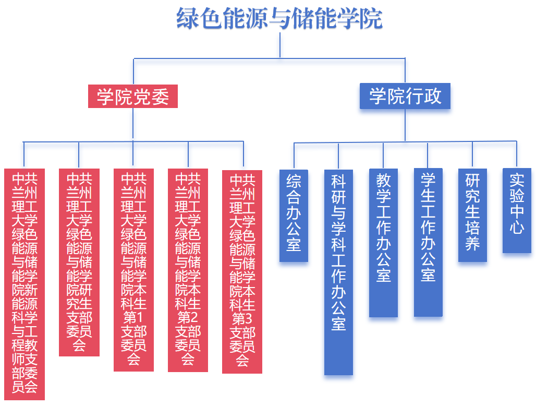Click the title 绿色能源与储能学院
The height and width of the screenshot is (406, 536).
pos(279,19)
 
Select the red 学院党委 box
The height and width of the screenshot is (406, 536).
pos(132,97)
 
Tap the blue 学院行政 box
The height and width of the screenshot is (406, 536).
pos(405,97)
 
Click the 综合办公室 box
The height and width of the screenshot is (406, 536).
pos(294,215)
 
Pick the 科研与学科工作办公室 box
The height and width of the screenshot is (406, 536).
pos(338,271)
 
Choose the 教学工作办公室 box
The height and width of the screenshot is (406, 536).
pos(383,243)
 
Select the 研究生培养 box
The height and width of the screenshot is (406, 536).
pos(472,215)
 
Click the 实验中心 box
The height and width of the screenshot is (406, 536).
pos(517,210)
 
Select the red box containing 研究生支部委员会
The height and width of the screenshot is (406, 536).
pos(79,262)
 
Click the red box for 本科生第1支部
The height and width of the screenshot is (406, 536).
pos(133,270)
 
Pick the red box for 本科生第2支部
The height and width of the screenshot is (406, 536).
pos(188,270)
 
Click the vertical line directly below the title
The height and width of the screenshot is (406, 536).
pos(280,45)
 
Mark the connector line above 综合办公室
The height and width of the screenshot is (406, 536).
pos(294,156)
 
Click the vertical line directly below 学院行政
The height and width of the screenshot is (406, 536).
pos(405,125)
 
